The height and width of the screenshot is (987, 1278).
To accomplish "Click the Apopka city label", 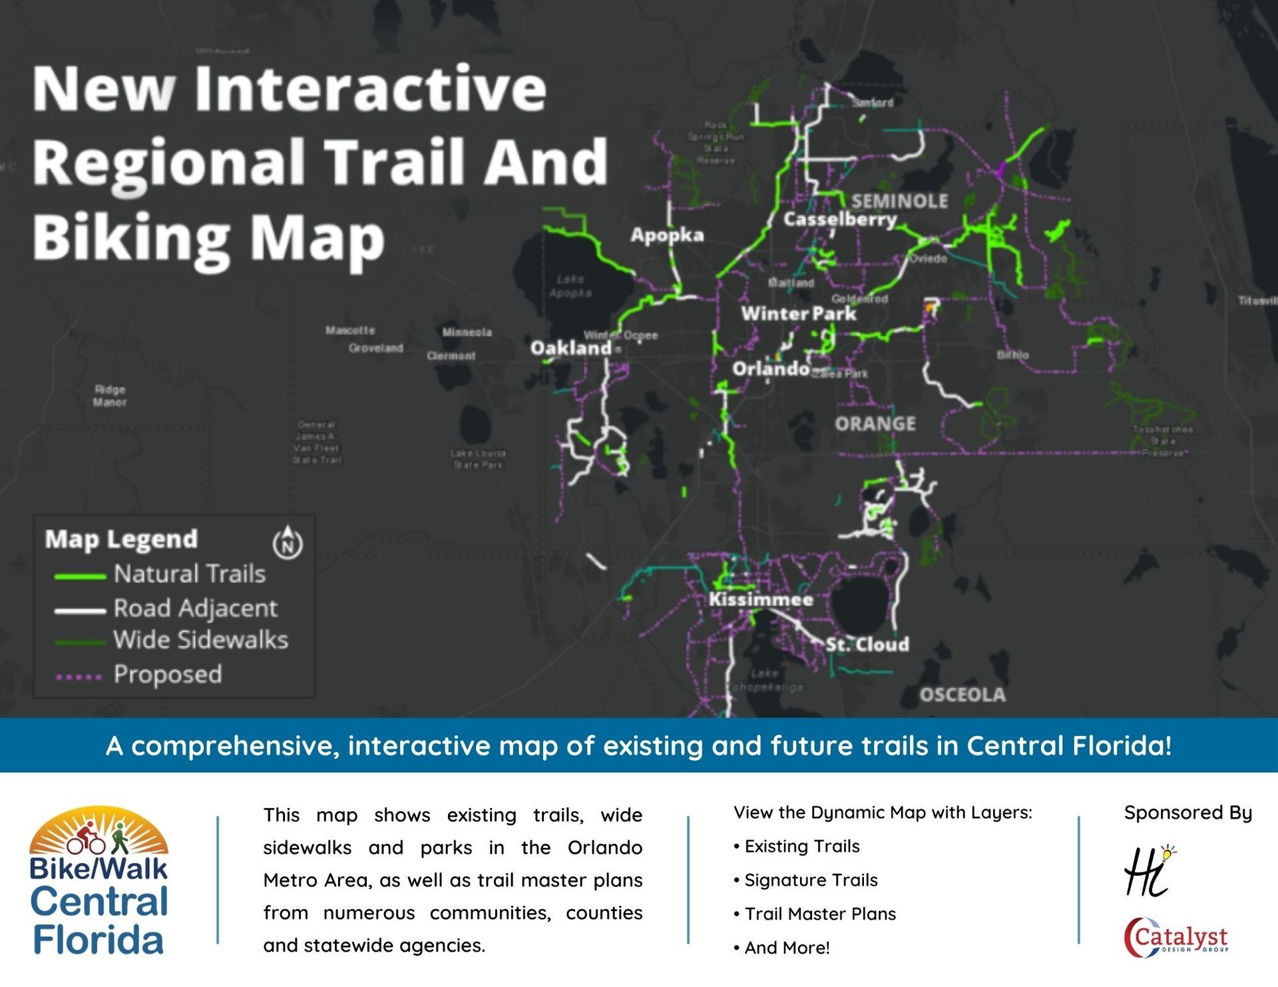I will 667,235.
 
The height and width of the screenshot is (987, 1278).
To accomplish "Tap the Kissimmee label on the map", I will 761,600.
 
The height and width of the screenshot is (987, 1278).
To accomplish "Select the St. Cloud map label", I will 867,644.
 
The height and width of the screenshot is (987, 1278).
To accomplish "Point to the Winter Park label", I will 799,313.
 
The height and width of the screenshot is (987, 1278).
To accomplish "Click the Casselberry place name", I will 840,219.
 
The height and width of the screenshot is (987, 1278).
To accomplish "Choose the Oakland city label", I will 570,348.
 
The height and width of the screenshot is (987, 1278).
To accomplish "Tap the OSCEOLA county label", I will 962,695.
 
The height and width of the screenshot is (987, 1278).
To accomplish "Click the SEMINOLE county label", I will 900,201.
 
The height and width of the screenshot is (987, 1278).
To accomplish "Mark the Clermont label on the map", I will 451,356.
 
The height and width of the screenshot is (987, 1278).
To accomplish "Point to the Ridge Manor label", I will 110,396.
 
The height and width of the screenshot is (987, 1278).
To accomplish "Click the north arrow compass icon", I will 288,542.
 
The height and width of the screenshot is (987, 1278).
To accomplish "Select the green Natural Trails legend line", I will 80,576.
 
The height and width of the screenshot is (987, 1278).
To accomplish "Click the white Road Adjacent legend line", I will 80,610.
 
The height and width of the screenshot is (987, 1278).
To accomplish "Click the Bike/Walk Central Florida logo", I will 99,882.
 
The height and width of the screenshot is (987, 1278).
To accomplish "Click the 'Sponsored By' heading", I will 1187,813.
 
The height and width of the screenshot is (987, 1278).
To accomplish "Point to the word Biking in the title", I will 131,238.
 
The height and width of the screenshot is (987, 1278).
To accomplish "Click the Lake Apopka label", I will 570,286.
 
